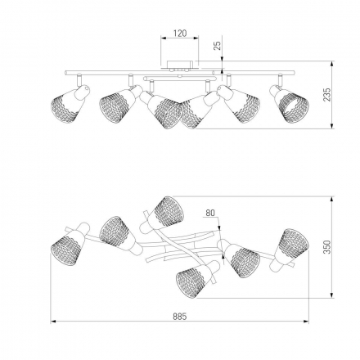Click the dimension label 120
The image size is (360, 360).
[180, 34]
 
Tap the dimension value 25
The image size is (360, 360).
[217, 46]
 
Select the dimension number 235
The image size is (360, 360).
[326, 94]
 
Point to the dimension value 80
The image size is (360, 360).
[210, 213]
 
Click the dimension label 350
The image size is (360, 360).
[326, 247]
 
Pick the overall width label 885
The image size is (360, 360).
[180, 317]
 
